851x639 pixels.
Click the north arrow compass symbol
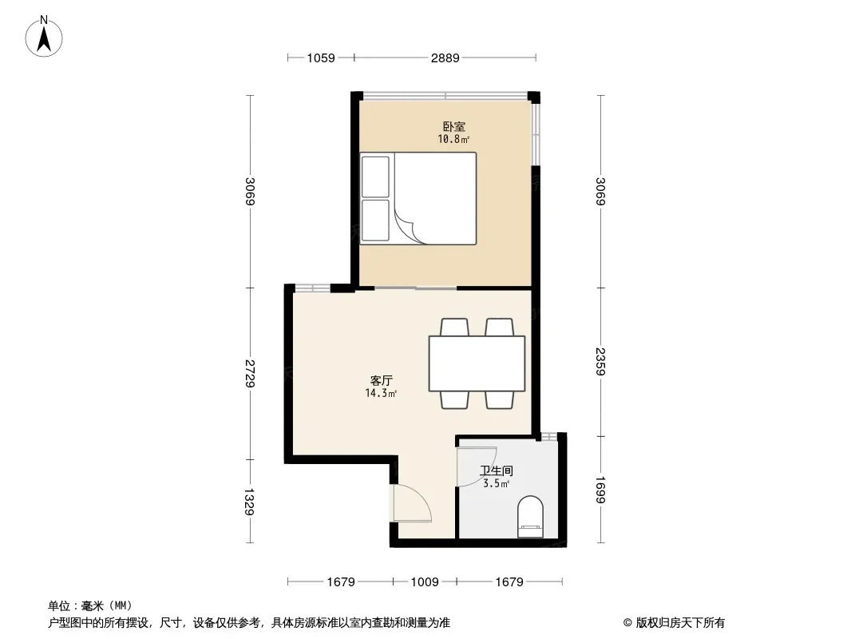point(44,37)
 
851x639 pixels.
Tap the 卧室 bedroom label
point(453,126)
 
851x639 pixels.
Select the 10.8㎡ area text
point(453,140)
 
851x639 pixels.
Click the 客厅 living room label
point(381,380)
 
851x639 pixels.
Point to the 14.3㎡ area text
point(381,394)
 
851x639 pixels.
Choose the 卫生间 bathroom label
point(496,470)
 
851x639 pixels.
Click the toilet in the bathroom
point(530,516)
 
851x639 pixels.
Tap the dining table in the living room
point(477,363)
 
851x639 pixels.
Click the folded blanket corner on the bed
point(406,227)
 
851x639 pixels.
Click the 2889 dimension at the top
point(445,58)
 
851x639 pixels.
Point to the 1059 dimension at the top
point(321,58)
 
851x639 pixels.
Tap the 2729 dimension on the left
point(250,374)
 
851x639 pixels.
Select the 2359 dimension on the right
point(600,362)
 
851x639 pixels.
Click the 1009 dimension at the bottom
point(425,582)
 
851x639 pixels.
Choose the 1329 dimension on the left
point(250,502)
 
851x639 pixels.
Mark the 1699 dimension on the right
point(600,490)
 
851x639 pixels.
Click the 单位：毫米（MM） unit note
point(90,606)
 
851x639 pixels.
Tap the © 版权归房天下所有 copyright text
point(674,623)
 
